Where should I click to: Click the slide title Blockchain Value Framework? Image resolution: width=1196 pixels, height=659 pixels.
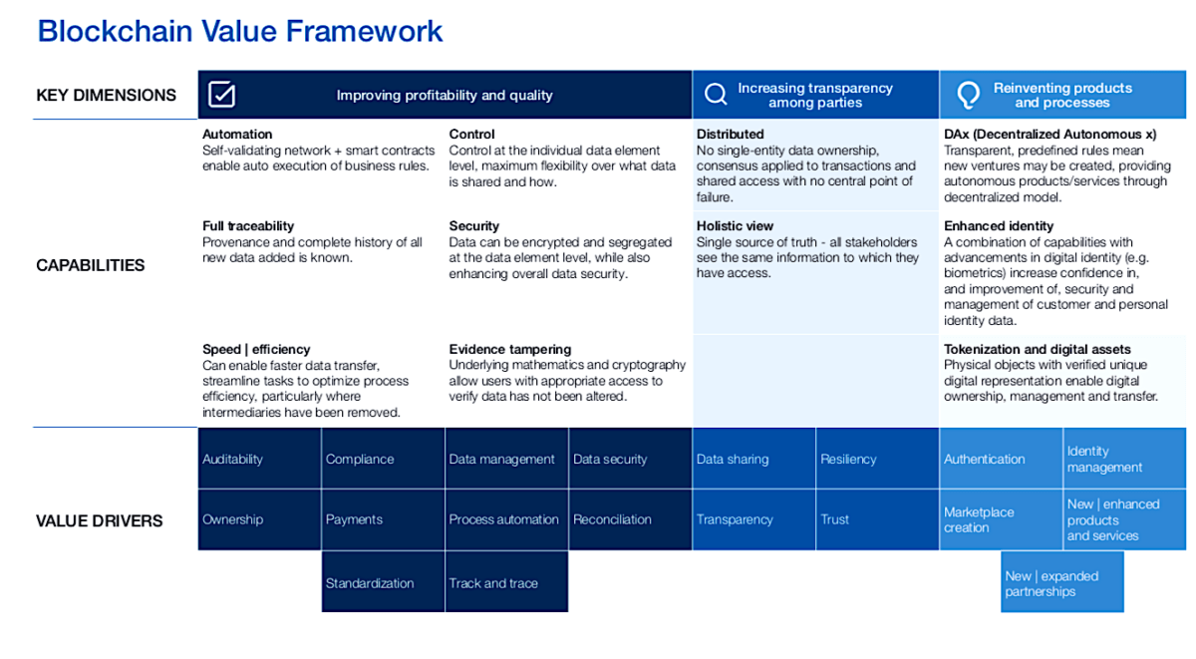pos(240,31)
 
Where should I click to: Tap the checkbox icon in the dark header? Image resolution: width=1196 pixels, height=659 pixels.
pos(221,95)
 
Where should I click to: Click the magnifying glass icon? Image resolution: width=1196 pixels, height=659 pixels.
pos(716,95)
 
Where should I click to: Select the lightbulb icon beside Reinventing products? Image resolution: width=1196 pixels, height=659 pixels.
pos(967,95)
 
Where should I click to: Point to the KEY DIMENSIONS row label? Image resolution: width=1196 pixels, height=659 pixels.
pos(106,96)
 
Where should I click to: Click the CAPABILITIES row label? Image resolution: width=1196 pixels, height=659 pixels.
pos(91,265)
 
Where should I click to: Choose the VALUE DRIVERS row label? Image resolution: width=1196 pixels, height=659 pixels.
pos(100,520)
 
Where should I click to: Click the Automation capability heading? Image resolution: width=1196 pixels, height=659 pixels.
pos(237,135)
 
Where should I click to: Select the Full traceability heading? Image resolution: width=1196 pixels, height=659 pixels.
pos(248,226)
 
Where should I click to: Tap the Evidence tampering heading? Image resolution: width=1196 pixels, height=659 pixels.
pos(510,350)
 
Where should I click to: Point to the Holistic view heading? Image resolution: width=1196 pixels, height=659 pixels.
pos(735,226)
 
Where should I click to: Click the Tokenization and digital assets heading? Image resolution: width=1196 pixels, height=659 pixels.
pos(1037,350)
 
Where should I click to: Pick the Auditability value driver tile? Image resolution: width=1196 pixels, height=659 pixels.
pos(259,459)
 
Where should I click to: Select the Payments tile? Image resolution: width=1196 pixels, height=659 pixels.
pos(383,519)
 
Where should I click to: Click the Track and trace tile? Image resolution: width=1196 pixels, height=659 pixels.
pos(506,582)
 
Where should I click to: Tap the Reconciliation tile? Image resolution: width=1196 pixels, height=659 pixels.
pos(630,519)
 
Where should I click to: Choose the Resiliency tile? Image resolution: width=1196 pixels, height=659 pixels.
pos(876,459)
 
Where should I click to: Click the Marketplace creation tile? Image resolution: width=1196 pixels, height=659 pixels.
pos(1000,519)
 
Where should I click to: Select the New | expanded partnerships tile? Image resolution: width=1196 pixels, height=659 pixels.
pos(1061,582)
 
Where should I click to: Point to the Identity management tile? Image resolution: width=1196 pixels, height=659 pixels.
pos(1124,459)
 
